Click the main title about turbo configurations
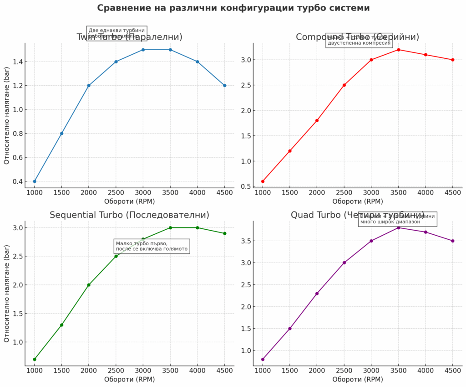[233, 8]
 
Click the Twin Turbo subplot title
[129, 37]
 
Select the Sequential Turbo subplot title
[129, 215]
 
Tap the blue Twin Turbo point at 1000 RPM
[35, 181]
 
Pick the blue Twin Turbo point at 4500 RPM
[224, 86]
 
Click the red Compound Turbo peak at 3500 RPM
[398, 50]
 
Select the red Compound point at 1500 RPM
[290, 151]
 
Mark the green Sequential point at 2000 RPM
[89, 285]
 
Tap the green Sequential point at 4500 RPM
[224, 233]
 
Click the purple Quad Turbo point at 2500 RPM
[344, 263]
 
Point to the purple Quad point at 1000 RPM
[263, 359]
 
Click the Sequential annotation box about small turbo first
[151, 246]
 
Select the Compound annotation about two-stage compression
[359, 41]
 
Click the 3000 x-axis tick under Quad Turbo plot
[371, 371]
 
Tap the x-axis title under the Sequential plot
[129, 379]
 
